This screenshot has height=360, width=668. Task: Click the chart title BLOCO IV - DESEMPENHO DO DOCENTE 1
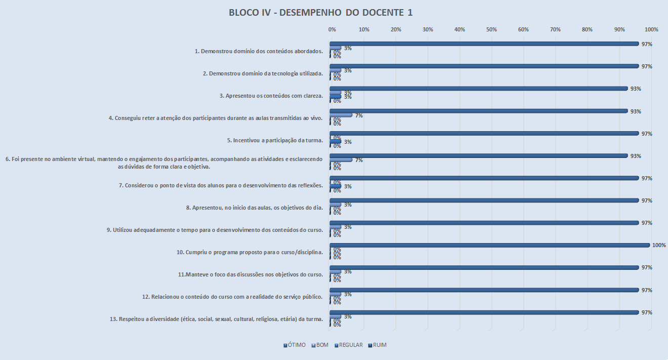coord(320,13)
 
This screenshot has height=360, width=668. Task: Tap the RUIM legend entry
coord(379,345)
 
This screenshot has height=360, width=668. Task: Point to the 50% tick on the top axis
coord(491,29)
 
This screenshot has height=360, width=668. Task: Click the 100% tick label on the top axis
coord(651,29)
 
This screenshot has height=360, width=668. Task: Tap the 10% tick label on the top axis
coord(363,29)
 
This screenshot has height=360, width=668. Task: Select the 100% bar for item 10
coord(489,245)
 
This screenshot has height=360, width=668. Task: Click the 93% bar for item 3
coord(478,89)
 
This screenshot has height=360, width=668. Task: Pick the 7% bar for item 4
coord(341,115)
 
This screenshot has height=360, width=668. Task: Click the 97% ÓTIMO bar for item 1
coord(484,44)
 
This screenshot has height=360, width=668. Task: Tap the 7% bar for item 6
coord(341,160)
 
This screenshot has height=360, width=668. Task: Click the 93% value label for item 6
coord(636,156)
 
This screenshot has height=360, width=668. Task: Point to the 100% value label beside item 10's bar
coord(659,245)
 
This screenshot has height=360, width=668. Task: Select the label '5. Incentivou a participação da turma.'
coord(275,140)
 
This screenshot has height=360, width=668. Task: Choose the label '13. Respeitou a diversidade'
coord(216,319)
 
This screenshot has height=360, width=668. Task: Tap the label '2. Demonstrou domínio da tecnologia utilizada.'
coord(263,73)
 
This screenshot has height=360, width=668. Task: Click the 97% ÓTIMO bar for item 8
coord(484,201)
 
